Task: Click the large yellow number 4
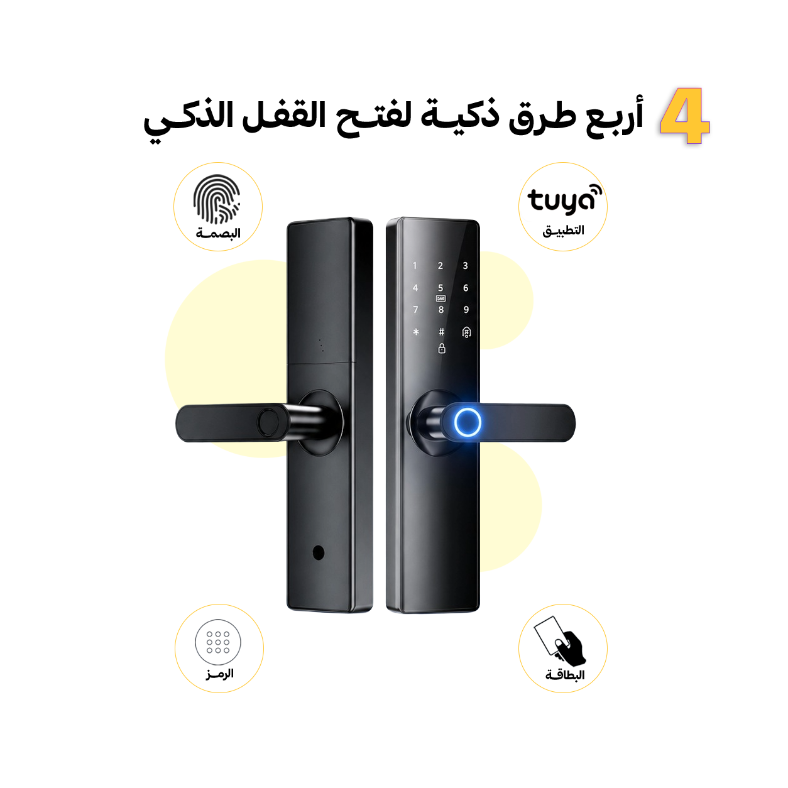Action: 684,116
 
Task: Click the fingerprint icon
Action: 217,200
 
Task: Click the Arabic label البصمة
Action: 218,234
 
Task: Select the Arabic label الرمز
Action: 219,674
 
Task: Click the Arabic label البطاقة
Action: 565,676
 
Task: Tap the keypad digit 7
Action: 415,310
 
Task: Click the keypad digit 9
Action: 466,310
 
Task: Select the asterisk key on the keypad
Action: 416,332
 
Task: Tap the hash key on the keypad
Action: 441,332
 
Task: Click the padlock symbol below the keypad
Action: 442,348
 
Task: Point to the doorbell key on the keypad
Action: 466,332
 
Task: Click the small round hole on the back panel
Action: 318,553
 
